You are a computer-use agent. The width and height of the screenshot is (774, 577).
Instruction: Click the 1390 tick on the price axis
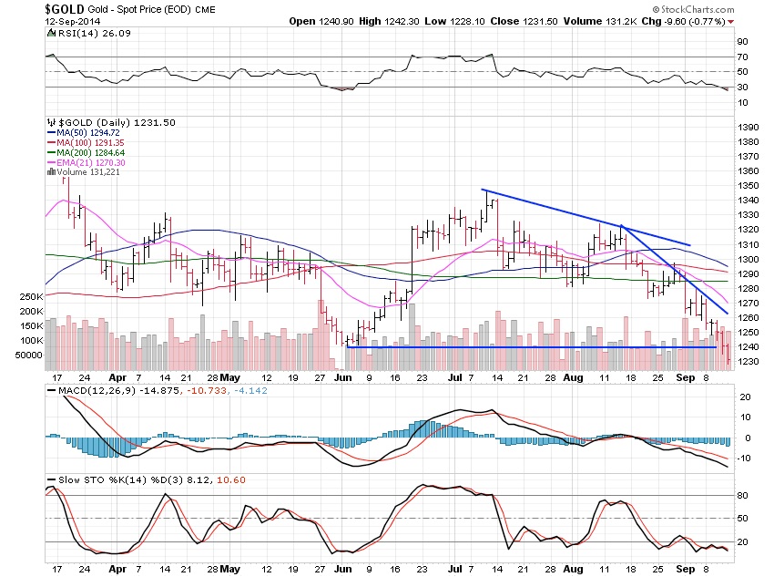(749, 128)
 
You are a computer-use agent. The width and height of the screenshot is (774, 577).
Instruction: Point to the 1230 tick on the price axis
(749, 362)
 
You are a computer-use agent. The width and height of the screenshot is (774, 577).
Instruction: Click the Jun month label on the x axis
(342, 376)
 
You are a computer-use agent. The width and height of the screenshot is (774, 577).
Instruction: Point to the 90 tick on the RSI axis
(742, 42)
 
